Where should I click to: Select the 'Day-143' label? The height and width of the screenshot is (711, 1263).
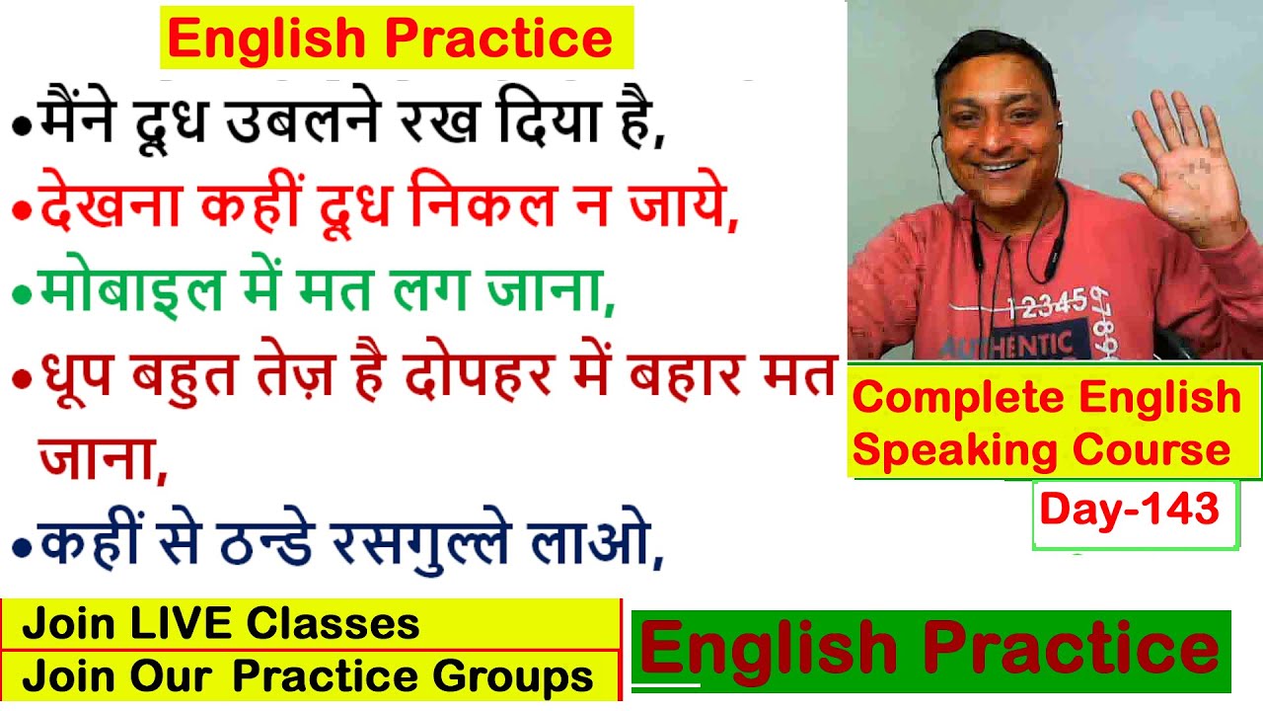click(x=1129, y=510)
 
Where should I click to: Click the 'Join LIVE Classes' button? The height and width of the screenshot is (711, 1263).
click(x=221, y=624)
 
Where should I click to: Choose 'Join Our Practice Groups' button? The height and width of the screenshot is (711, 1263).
click(x=307, y=676)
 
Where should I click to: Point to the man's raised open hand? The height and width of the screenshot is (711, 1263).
click(x=1179, y=163)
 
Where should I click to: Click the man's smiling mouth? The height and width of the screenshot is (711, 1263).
click(x=998, y=166)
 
